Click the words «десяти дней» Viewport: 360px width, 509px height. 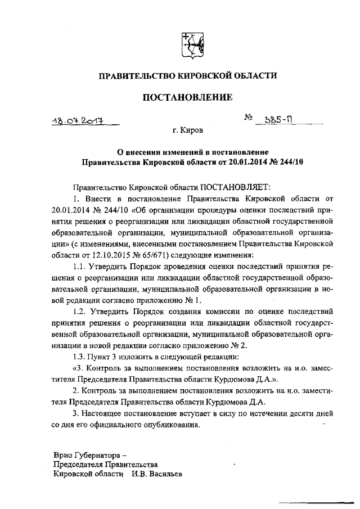313,413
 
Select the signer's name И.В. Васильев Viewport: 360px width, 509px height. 155,474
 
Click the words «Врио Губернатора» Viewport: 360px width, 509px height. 86,453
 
